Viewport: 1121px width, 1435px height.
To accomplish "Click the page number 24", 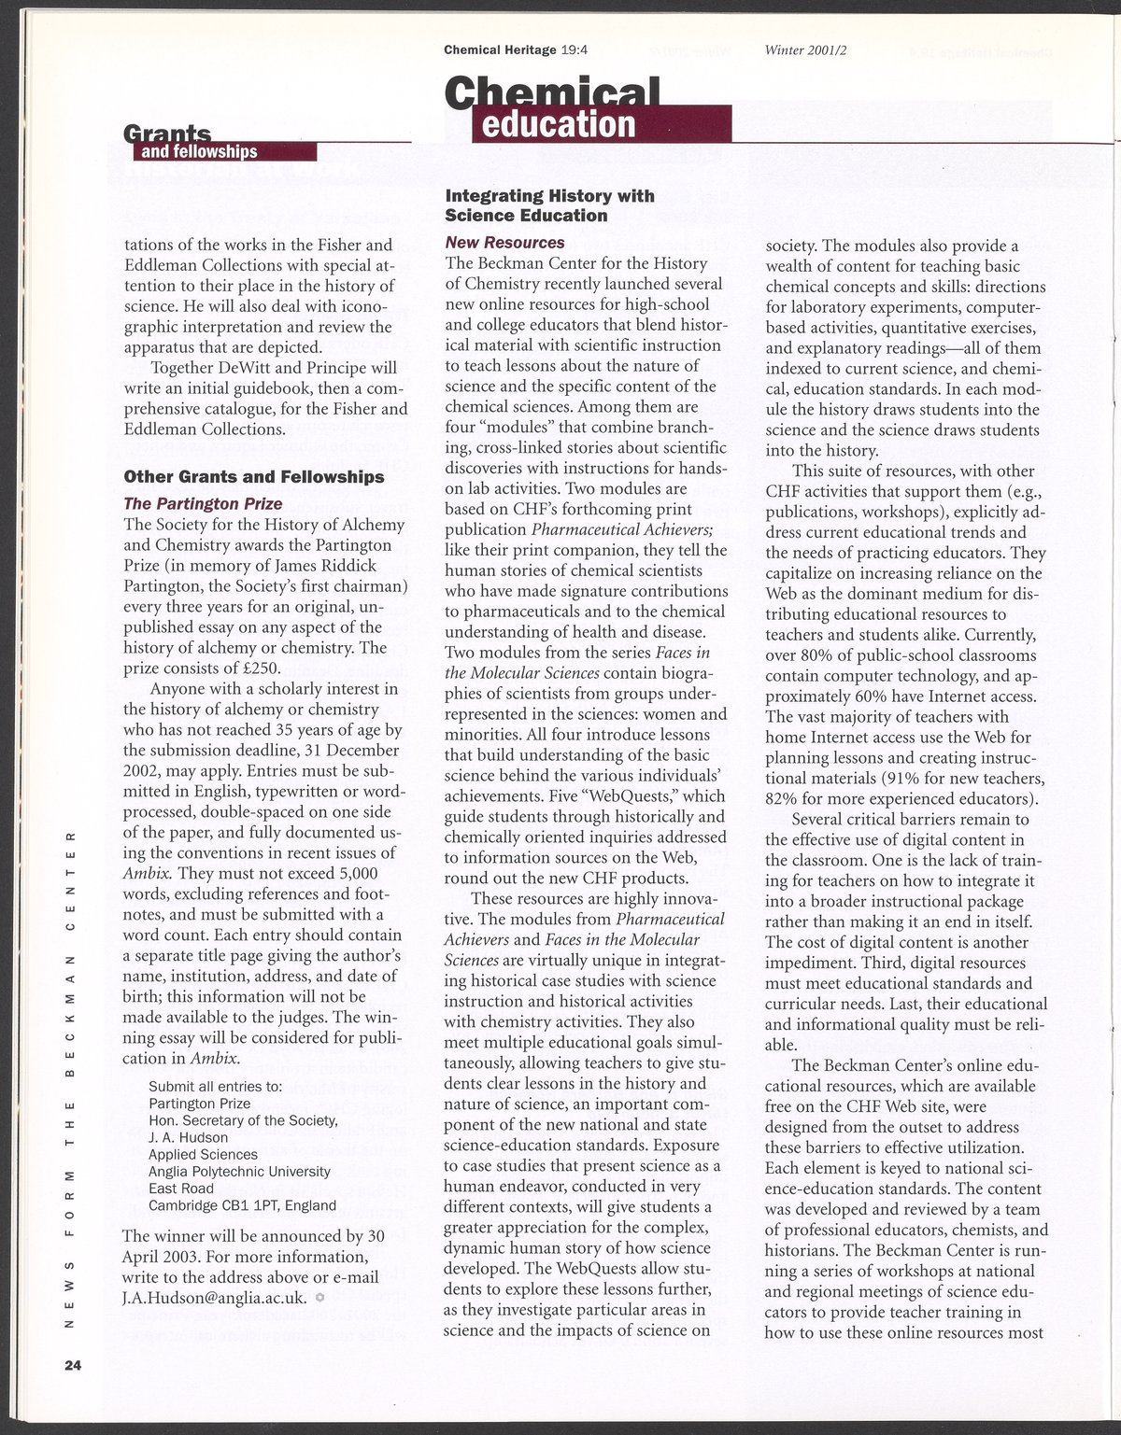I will coord(74,1366).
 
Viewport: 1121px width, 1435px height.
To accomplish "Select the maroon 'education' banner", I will coord(556,124).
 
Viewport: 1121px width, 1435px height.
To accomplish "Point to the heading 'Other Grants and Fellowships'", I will coord(254,477).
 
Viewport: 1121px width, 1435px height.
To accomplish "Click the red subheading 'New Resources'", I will coord(504,243).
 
